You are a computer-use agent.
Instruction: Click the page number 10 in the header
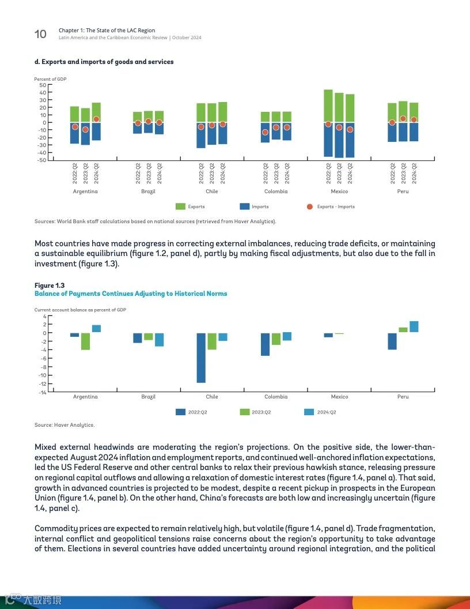(40, 34)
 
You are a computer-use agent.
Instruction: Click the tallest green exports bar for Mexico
(328, 106)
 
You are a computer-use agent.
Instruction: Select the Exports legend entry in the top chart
(190, 206)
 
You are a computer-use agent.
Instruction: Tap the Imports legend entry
(254, 206)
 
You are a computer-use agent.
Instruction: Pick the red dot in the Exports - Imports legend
(310, 206)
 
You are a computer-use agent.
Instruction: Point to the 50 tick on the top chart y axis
(42, 85)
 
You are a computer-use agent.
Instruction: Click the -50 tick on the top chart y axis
(41, 160)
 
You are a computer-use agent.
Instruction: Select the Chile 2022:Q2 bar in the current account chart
(201, 358)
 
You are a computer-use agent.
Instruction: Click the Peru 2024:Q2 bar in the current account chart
(414, 327)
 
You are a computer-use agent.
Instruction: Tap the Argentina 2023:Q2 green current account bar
(85, 341)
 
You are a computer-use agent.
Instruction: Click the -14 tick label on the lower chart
(42, 393)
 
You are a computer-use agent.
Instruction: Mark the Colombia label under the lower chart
(276, 397)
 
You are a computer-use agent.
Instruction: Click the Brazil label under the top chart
(148, 191)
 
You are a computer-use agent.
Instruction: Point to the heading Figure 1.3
(50, 285)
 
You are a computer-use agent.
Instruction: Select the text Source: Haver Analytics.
(65, 425)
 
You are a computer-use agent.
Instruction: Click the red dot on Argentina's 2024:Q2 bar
(96, 119)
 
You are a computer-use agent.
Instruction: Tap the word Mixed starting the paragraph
(46, 447)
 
